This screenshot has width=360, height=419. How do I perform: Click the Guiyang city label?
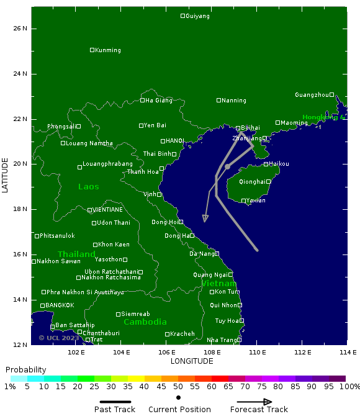click(x=197, y=16)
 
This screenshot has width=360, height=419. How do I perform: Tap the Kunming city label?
click(x=108, y=50)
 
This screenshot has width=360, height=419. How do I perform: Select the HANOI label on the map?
click(x=174, y=141)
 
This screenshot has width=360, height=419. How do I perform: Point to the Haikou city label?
click(x=279, y=164)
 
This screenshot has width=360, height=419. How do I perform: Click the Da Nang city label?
click(x=202, y=254)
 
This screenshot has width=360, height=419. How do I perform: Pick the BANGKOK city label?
click(x=60, y=305)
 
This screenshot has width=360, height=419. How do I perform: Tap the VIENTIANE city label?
click(x=107, y=210)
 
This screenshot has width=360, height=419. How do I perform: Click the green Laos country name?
click(x=89, y=187)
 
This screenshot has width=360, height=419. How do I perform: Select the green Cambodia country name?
click(x=145, y=322)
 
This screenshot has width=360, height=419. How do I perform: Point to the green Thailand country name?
click(x=76, y=255)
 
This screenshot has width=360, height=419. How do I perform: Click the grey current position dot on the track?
click(x=228, y=166)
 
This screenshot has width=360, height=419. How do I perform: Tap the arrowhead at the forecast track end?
click(x=205, y=219)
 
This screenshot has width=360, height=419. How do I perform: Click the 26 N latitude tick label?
click(x=20, y=29)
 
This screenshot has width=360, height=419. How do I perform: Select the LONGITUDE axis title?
click(x=192, y=361)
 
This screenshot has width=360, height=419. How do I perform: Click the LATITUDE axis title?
click(x=6, y=175)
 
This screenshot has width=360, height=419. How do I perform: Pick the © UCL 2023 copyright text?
click(x=59, y=338)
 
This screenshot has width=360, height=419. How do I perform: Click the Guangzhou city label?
click(x=312, y=95)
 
